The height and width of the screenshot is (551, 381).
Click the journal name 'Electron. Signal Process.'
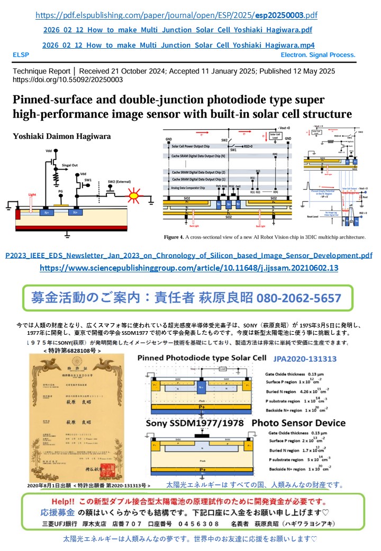coord(318,55)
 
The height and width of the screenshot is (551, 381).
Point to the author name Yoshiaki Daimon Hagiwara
coord(62,137)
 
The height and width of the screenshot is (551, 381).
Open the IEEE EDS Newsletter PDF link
coord(188,255)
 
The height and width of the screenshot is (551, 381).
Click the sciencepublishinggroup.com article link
coord(189,268)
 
